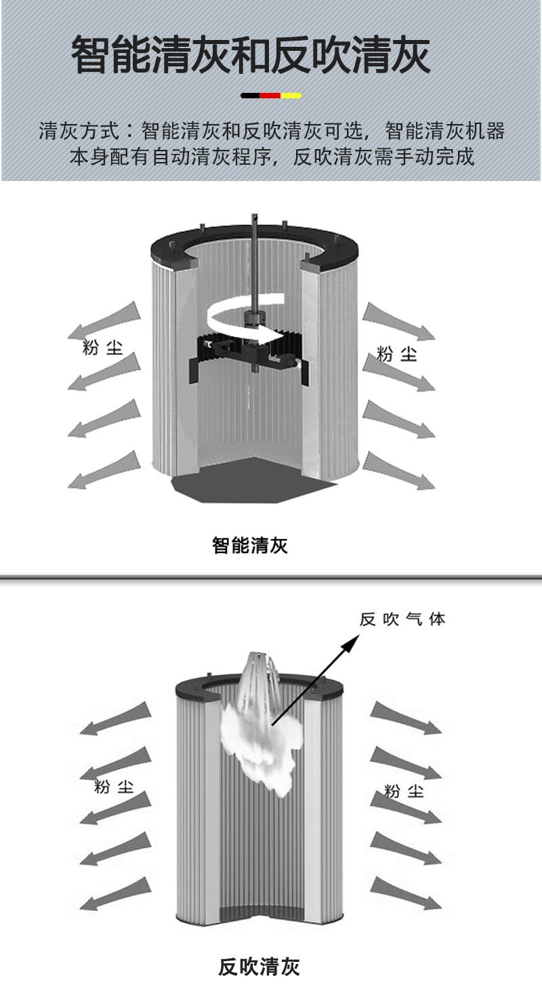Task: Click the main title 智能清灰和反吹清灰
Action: pos(251,55)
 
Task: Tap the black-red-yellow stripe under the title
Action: pos(271,96)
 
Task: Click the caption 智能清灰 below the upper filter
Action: pos(250,545)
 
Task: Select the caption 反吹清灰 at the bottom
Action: pos(259,966)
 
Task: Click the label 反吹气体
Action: pos(402,619)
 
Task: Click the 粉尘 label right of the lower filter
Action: pos(404,790)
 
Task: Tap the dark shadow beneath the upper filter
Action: pos(251,481)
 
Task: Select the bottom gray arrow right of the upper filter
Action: pos(400,471)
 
